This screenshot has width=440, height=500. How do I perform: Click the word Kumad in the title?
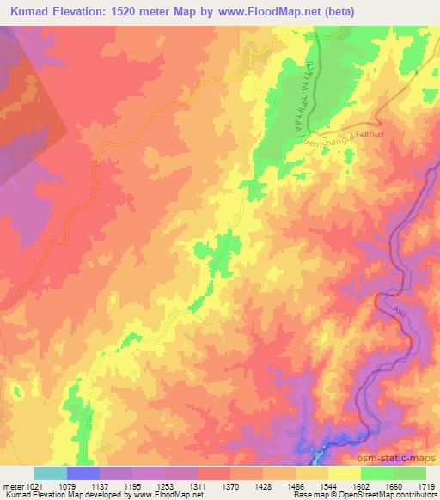[x=31, y=12]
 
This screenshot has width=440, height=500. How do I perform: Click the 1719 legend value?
[x=425, y=485]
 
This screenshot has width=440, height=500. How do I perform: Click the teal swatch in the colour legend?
[x=50, y=473]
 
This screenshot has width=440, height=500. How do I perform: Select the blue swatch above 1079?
[x=83, y=473]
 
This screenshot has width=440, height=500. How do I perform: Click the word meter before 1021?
[x=12, y=485]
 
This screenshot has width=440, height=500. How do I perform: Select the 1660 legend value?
[x=393, y=485]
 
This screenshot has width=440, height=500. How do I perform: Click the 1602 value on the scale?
[x=360, y=485]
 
